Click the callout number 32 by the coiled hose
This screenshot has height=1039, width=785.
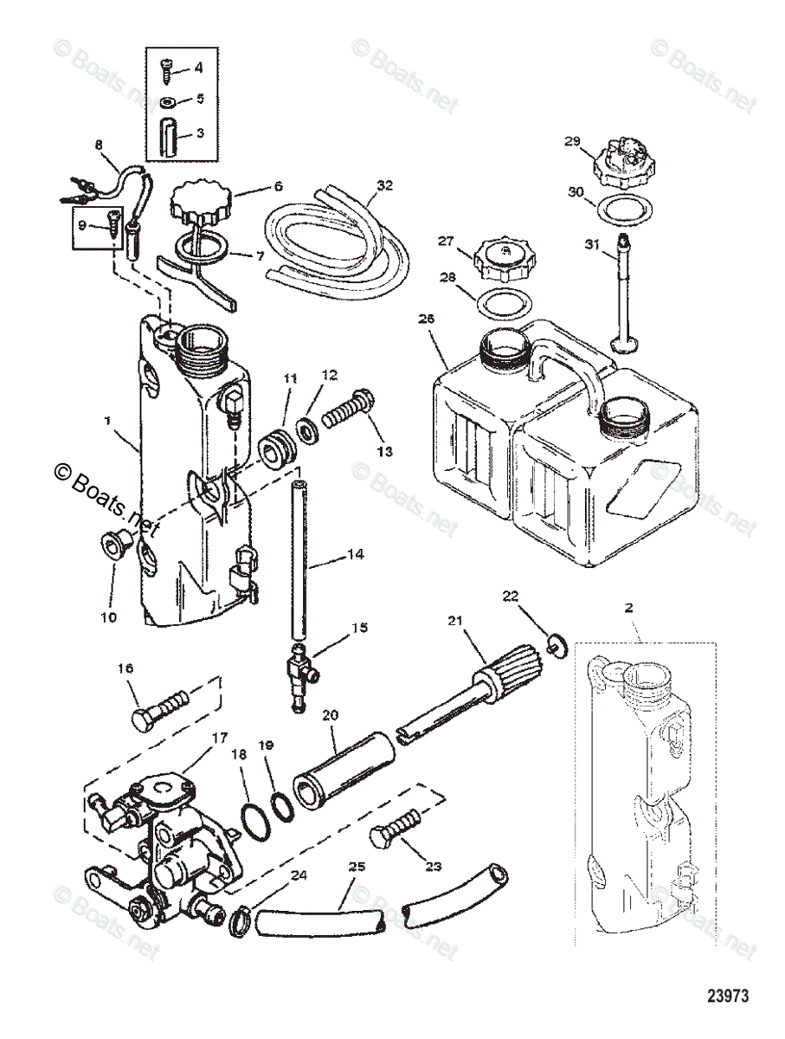point(385,184)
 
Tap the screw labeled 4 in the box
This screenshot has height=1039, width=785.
point(167,68)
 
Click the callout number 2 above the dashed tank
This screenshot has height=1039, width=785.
point(629,608)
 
